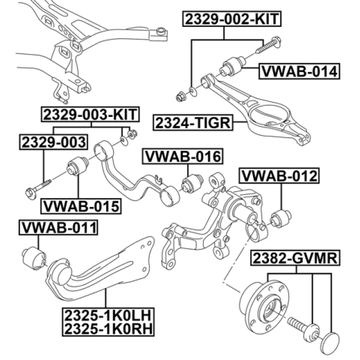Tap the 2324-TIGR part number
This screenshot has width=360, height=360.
coord(192,121)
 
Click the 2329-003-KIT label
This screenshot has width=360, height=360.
coord(89,114)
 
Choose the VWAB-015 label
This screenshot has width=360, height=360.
coord(82,206)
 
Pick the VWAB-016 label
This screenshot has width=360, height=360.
coord(182,156)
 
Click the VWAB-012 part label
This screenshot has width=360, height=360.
coord(279,176)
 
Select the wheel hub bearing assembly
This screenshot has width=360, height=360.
coord(257,304)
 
